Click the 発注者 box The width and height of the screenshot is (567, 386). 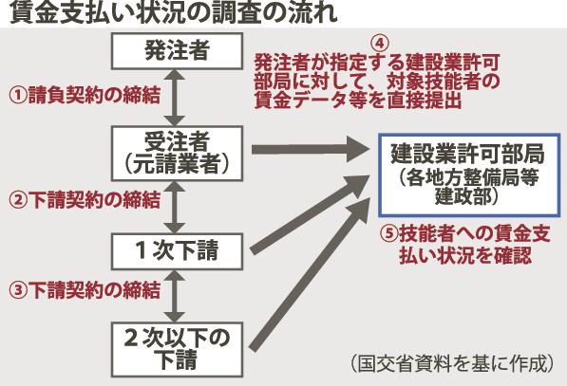pos(177,51)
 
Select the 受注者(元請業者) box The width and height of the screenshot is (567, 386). pos(177,153)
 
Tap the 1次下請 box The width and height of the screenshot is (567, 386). pos(177,251)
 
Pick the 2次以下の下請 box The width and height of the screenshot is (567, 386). pos(177,350)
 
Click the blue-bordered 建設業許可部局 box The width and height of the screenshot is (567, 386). pos(469,175)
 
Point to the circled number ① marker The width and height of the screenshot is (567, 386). pos(18,96)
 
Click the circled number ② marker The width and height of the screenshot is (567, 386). pos(18,200)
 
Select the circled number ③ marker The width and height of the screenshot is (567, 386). pos(18,290)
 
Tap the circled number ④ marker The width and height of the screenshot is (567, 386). pos(380,44)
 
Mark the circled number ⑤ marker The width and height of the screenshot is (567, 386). pos(389,233)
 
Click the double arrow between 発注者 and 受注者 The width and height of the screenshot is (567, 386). pos(175,98)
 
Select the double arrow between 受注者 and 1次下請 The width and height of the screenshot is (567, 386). pos(175,208)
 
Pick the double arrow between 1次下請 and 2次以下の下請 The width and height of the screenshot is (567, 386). pos(175,296)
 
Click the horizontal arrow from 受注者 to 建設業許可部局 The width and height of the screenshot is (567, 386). pos(311,149)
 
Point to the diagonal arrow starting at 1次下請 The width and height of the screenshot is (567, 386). pos(311,214)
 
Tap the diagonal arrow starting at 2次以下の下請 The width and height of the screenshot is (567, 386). pos(311,274)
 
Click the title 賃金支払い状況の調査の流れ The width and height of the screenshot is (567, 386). pos(174,13)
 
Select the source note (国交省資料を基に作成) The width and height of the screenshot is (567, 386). pos(452,363)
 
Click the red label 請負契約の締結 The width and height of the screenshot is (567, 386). pos(94,96)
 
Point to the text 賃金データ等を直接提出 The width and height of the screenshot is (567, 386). pos(358,101)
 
